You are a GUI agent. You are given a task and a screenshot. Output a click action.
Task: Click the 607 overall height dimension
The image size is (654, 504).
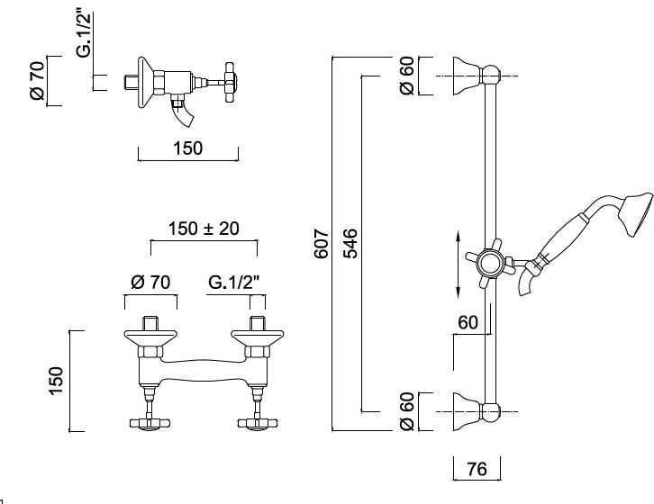click(322, 244)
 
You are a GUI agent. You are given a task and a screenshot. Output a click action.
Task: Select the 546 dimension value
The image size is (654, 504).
click(350, 244)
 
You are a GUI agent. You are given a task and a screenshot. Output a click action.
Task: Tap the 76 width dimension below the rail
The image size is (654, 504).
click(477, 469)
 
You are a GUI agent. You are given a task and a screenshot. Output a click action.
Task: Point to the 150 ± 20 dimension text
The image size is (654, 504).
click(204, 229)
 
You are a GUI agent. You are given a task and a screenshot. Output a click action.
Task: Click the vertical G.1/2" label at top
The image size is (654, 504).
click(85, 34)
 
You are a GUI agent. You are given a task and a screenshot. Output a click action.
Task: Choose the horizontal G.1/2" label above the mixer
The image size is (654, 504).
click(233, 283)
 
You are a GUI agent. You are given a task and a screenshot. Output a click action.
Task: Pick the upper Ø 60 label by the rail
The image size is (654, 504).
click(406, 76)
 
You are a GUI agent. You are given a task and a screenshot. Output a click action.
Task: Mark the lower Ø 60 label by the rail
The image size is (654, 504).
click(406, 411)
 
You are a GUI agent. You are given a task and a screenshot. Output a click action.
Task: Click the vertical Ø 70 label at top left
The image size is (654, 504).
click(37, 80)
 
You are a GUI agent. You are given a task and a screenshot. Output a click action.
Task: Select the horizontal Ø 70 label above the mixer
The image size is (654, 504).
click(150, 283)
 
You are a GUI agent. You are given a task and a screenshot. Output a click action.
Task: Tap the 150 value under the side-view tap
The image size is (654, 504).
click(187, 148)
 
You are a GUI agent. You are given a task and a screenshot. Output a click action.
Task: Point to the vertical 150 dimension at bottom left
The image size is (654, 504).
click(56, 381)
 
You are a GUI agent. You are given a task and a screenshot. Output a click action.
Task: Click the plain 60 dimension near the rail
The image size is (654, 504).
click(468, 322)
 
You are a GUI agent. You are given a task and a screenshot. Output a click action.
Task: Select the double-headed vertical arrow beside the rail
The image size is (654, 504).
click(458, 265)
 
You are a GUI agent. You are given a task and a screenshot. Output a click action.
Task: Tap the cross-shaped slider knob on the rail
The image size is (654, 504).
click(490, 264)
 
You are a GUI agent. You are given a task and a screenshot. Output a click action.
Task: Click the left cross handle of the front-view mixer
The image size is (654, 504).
click(150, 423)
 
